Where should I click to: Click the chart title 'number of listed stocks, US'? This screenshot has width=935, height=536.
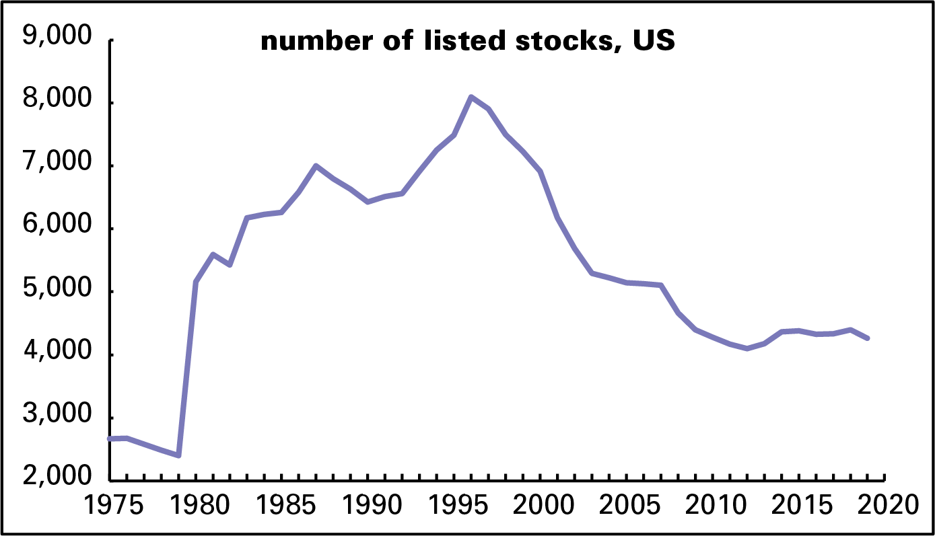click(x=467, y=42)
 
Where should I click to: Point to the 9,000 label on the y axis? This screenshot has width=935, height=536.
click(x=57, y=38)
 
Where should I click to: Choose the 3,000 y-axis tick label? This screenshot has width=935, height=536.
click(x=57, y=417)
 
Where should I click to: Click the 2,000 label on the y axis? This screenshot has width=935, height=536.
click(x=57, y=479)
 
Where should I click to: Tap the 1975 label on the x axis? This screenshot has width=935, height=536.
click(x=110, y=504)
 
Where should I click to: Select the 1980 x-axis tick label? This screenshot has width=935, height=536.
click(x=196, y=504)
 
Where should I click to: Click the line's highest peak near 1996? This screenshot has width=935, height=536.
click(x=471, y=97)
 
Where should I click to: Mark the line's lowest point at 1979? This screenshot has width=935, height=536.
click(x=178, y=456)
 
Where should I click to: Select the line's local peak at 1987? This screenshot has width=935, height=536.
click(x=316, y=165)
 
